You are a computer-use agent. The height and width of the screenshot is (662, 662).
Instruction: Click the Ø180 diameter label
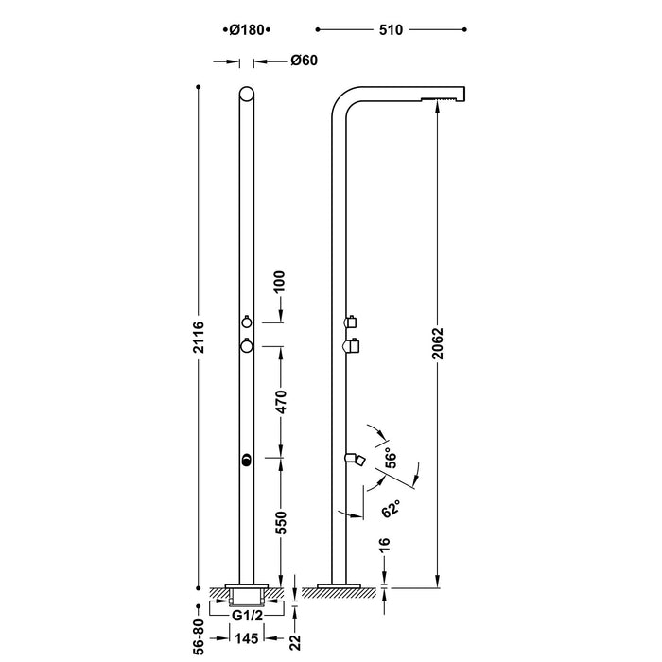(x=245, y=29)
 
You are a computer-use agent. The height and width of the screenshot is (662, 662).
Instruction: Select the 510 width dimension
(x=392, y=29)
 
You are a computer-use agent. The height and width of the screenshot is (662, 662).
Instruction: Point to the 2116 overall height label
(x=198, y=336)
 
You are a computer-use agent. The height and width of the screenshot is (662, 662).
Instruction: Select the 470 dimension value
(x=281, y=402)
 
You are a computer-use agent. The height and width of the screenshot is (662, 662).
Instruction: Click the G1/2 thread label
(x=246, y=614)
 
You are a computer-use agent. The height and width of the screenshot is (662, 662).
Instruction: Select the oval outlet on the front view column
(x=246, y=461)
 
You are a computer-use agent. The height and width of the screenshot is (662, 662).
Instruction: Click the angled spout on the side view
(x=357, y=459)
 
